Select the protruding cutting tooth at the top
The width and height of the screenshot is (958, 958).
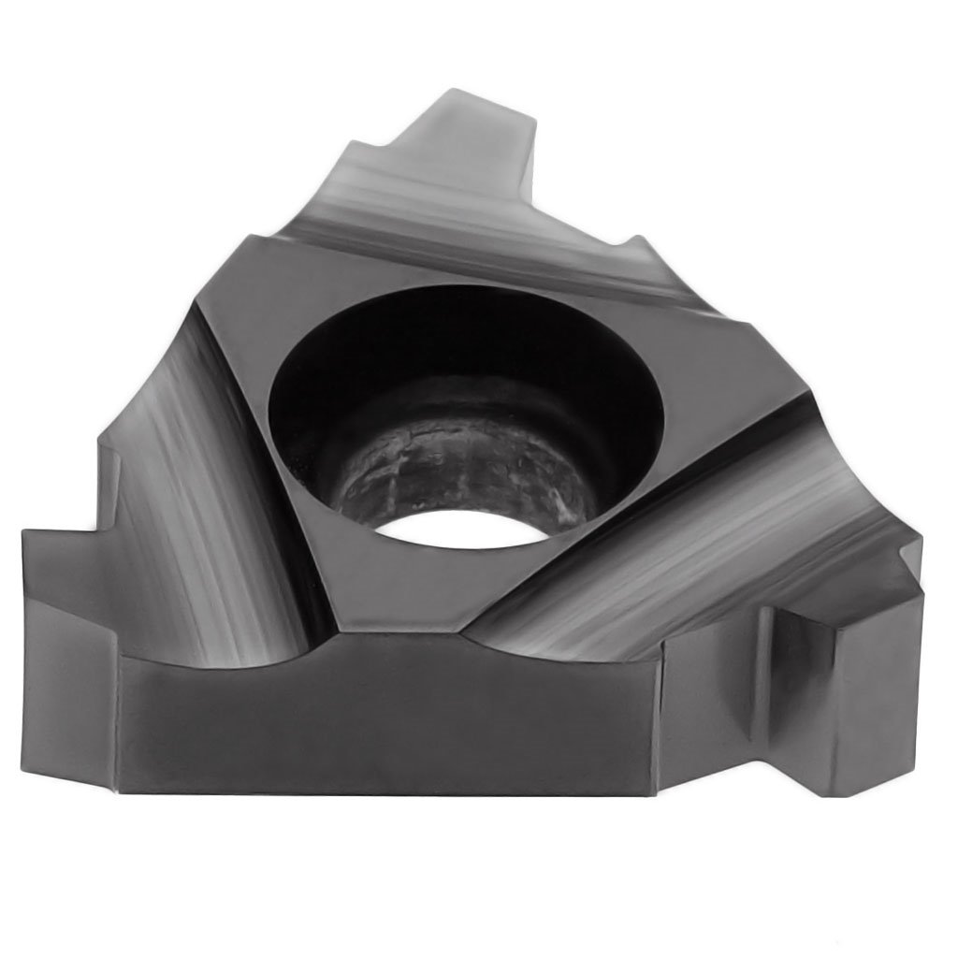point(468,140)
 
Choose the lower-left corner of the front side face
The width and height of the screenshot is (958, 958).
point(126,786)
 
